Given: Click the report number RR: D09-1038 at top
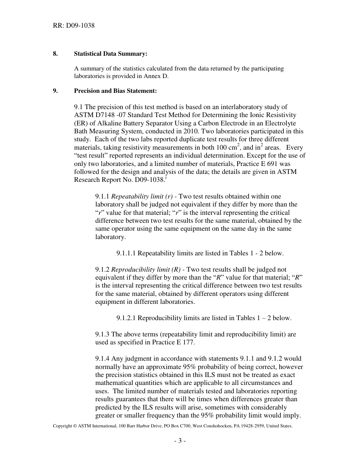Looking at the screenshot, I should point(74,26).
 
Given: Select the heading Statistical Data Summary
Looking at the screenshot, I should point(110,54).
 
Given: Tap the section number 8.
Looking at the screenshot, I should point(55,54).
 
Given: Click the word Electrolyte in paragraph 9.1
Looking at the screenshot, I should point(280,123).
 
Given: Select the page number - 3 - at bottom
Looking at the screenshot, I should point(180,441).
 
